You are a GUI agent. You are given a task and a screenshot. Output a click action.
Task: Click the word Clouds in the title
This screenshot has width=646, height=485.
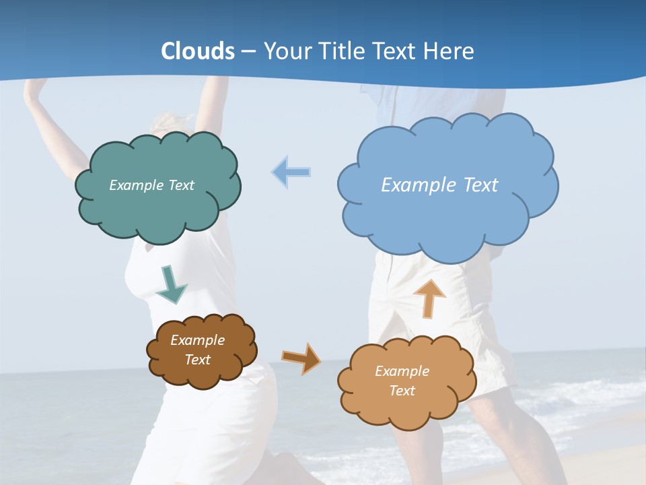[198, 51]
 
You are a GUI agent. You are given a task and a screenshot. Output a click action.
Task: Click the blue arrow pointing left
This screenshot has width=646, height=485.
[291, 172]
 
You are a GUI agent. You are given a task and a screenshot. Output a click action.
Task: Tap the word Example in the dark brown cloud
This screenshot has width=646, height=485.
[197, 340]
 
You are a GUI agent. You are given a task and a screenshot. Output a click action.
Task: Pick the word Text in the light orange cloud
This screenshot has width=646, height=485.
[402, 391]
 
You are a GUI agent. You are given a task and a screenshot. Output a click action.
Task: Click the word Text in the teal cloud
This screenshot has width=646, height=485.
[181, 185]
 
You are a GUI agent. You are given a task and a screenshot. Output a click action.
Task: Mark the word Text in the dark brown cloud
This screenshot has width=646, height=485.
[197, 360]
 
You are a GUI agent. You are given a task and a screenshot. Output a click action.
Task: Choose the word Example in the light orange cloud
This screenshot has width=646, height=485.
[402, 371]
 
